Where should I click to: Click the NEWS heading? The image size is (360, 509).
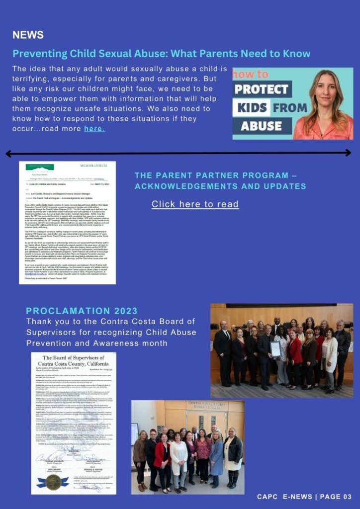coord(28,35)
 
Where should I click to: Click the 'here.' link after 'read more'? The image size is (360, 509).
coord(94,129)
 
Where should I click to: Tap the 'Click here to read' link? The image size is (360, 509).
coord(195,204)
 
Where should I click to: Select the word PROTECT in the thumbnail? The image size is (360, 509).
coord(262,89)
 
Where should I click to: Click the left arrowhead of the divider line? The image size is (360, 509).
coord(8,154)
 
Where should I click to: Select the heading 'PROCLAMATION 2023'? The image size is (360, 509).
coord(82,311)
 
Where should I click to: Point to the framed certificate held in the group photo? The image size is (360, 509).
coord(275,348)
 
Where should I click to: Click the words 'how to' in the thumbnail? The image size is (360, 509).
coord(251,75)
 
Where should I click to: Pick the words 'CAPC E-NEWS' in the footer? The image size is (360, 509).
coord(284,497)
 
